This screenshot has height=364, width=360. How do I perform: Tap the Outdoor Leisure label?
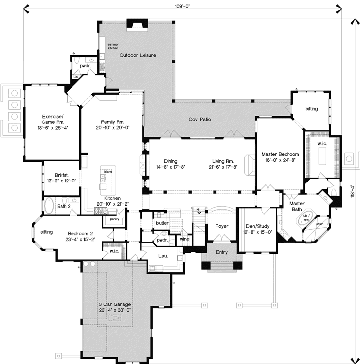pyautogui.click(x=138, y=55)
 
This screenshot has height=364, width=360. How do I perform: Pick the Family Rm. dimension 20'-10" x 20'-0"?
pyautogui.click(x=112, y=127)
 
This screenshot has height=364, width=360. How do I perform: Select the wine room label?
pyautogui.click(x=184, y=239)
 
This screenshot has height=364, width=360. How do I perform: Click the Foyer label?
pyautogui.click(x=221, y=226)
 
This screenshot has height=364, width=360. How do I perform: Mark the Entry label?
pyautogui.click(x=221, y=252)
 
